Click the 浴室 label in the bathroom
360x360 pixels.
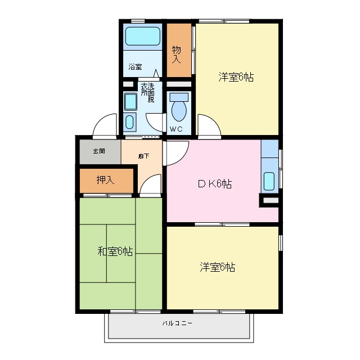135,67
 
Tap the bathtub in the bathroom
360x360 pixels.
142,36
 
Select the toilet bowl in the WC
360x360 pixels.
179,111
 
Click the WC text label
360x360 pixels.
176,129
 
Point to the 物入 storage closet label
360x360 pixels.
176,55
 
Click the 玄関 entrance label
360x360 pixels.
99,151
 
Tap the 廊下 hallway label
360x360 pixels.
144,156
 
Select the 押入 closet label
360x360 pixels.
105,180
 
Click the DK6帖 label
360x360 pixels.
215,184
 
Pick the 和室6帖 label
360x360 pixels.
115,251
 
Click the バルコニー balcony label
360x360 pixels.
177,323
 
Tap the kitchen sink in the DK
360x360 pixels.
269,181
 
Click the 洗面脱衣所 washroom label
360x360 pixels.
147,92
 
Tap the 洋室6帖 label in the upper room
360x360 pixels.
236,77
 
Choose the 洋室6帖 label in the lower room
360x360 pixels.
217,267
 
